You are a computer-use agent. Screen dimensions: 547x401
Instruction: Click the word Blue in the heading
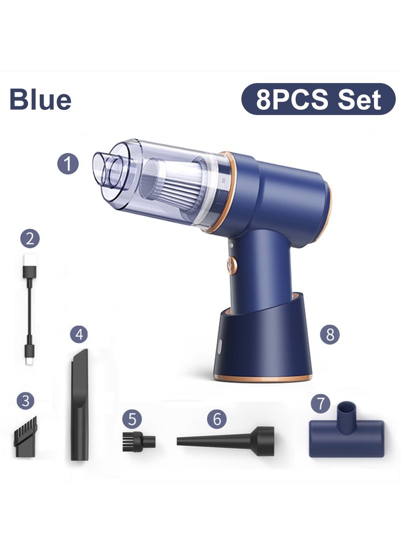point(40,99)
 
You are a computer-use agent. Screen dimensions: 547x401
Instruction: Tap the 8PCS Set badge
point(318,99)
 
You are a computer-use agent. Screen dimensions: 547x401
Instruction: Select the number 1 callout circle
point(68,163)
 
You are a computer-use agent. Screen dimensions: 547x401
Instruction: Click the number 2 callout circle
point(30,238)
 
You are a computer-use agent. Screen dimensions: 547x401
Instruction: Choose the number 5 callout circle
point(132,419)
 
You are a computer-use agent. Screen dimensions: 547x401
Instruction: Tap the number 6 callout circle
point(217,419)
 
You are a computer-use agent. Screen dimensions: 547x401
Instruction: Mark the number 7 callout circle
point(321,403)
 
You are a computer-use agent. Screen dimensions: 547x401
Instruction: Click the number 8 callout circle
point(330,334)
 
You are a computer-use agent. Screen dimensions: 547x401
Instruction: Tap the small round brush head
point(138,441)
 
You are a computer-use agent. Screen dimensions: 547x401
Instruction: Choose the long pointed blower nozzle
point(226,441)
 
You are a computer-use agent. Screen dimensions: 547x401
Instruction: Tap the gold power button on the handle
point(232,266)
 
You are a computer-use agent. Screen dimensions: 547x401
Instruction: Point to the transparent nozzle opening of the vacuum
point(108,168)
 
